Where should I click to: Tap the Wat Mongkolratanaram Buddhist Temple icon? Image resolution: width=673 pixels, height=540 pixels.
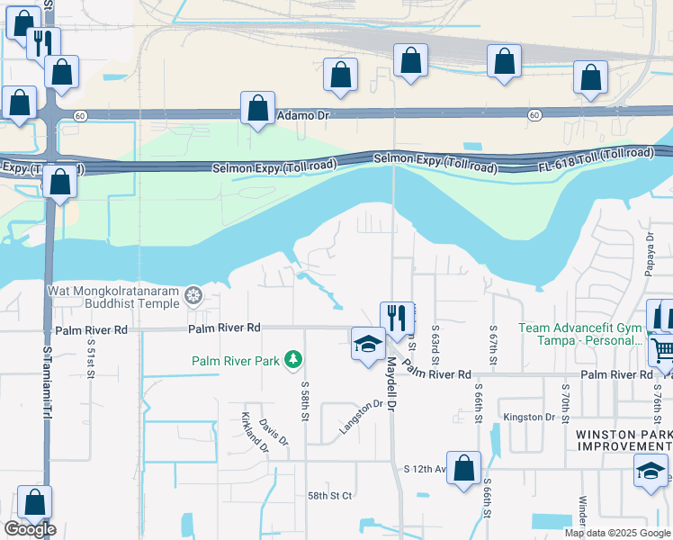tap(193, 296)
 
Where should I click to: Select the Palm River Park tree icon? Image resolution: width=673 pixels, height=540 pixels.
tap(292, 361)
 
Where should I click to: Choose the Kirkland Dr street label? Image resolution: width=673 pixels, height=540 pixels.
tap(255, 431)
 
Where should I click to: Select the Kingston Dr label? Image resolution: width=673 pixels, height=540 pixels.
tap(529, 417)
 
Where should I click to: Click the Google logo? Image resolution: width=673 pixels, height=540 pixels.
tap(30, 528)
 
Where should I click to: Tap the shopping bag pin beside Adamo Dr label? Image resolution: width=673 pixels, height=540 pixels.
tap(257, 108)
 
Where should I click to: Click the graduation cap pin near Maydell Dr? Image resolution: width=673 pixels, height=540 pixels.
tap(367, 344)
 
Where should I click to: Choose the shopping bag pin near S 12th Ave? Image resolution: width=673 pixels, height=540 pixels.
tap(463, 469)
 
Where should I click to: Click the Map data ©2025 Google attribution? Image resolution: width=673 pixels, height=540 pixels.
tap(616, 533)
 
